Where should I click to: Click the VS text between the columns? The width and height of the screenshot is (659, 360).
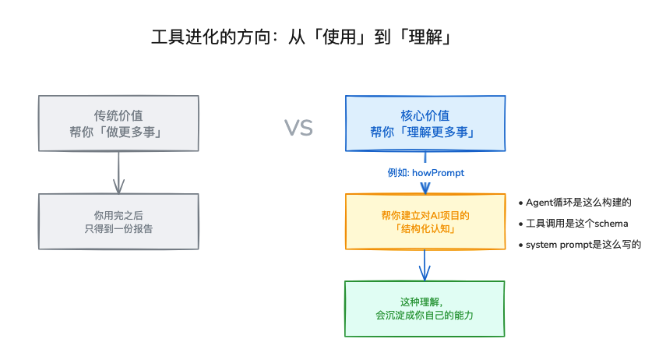point(298,128)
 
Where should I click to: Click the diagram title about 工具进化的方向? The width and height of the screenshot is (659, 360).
point(301,38)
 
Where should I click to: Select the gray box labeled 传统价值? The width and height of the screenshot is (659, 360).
point(118,122)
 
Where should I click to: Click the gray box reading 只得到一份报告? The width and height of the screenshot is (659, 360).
point(118,221)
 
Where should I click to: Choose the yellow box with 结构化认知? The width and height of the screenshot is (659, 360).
point(425,222)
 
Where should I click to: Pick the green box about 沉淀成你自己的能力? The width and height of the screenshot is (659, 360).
point(425,309)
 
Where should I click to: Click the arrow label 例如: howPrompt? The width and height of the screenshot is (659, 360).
point(425,172)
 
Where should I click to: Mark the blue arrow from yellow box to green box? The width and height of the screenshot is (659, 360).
point(425,265)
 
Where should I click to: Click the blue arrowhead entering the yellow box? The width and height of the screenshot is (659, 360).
point(425,188)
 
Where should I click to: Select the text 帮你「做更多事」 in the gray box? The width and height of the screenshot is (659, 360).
point(118,132)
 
